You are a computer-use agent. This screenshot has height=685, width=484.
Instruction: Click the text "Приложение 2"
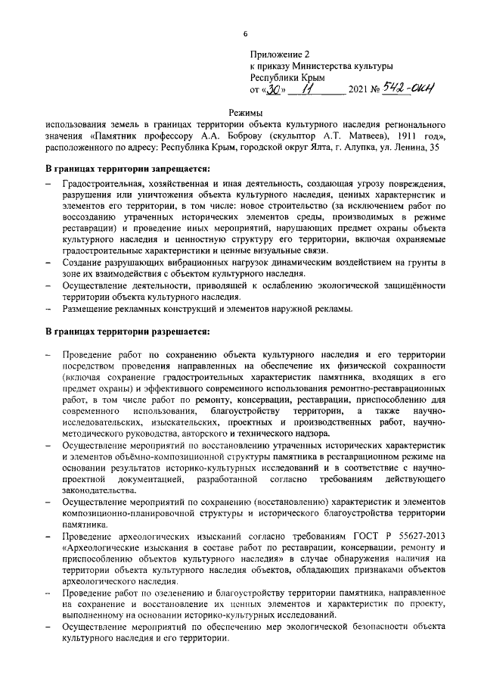coord(280,55)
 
